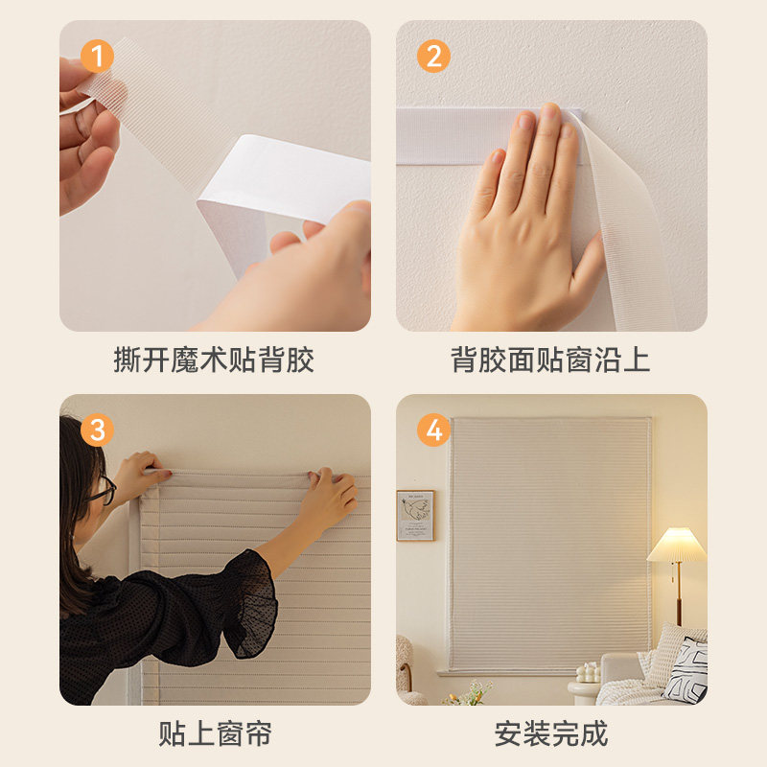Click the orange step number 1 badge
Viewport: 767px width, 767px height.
point(97,57)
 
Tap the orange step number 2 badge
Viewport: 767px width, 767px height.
point(433,57)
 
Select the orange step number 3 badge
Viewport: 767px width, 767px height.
point(97,430)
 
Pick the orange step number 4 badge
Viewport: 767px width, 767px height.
point(433,430)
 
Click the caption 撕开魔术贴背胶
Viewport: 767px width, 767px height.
point(214,360)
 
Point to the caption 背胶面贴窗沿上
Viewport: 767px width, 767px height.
point(550,360)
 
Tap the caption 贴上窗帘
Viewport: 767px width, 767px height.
point(215,733)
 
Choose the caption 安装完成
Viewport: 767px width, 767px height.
point(551,733)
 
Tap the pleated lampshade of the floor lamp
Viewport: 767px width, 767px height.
point(677,545)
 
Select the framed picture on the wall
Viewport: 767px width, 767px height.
point(415,516)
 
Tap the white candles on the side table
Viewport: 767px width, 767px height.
point(588,673)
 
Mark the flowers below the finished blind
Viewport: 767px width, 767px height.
point(468,693)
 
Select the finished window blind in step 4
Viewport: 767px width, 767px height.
point(550,544)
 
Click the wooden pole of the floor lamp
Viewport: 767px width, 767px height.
point(679,593)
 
